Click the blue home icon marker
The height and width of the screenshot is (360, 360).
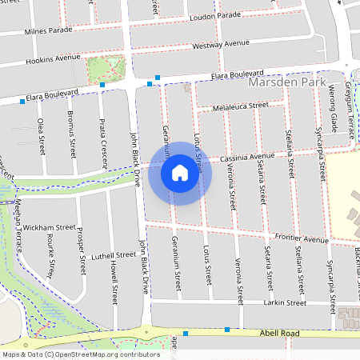[x=180, y=172]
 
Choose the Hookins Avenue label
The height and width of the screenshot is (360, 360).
[x=54, y=58]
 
